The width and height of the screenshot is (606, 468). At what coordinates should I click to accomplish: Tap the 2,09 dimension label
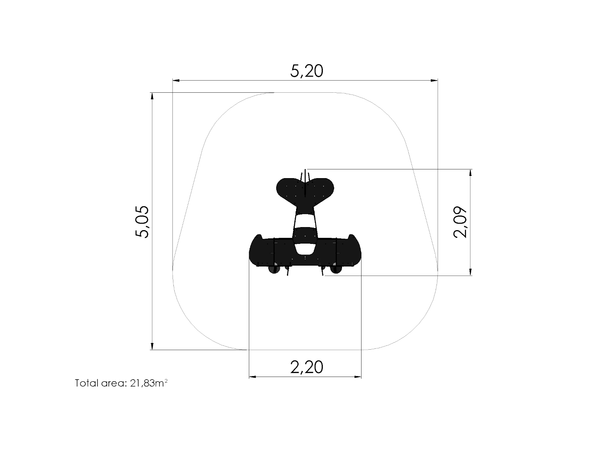(460, 222)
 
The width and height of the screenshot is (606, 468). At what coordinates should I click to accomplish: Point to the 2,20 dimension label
(306, 367)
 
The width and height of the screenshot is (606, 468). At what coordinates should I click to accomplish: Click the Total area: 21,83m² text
(121, 383)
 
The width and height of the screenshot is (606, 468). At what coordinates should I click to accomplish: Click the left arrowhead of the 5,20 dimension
(176, 81)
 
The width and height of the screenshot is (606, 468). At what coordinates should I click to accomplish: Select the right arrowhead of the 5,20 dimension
(434, 81)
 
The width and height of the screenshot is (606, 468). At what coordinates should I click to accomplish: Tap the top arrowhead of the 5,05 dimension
(152, 96)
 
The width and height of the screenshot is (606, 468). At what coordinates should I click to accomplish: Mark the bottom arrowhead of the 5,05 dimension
(152, 346)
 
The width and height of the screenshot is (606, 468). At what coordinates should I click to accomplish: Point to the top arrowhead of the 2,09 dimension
(471, 173)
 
